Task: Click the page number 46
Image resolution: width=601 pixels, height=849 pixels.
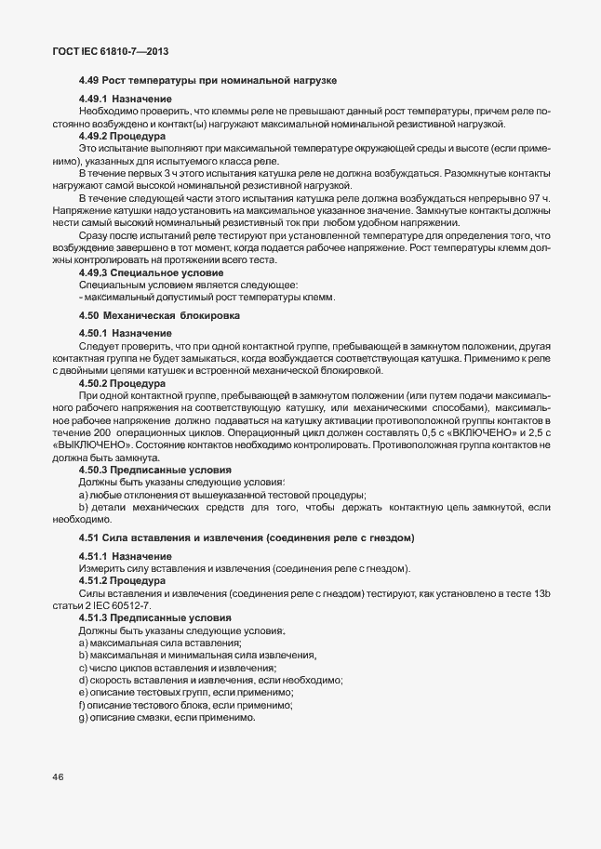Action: [x=58, y=778]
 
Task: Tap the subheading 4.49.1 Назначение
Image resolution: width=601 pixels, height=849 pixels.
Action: [x=126, y=99]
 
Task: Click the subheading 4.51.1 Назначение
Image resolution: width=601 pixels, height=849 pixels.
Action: [x=126, y=555]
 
